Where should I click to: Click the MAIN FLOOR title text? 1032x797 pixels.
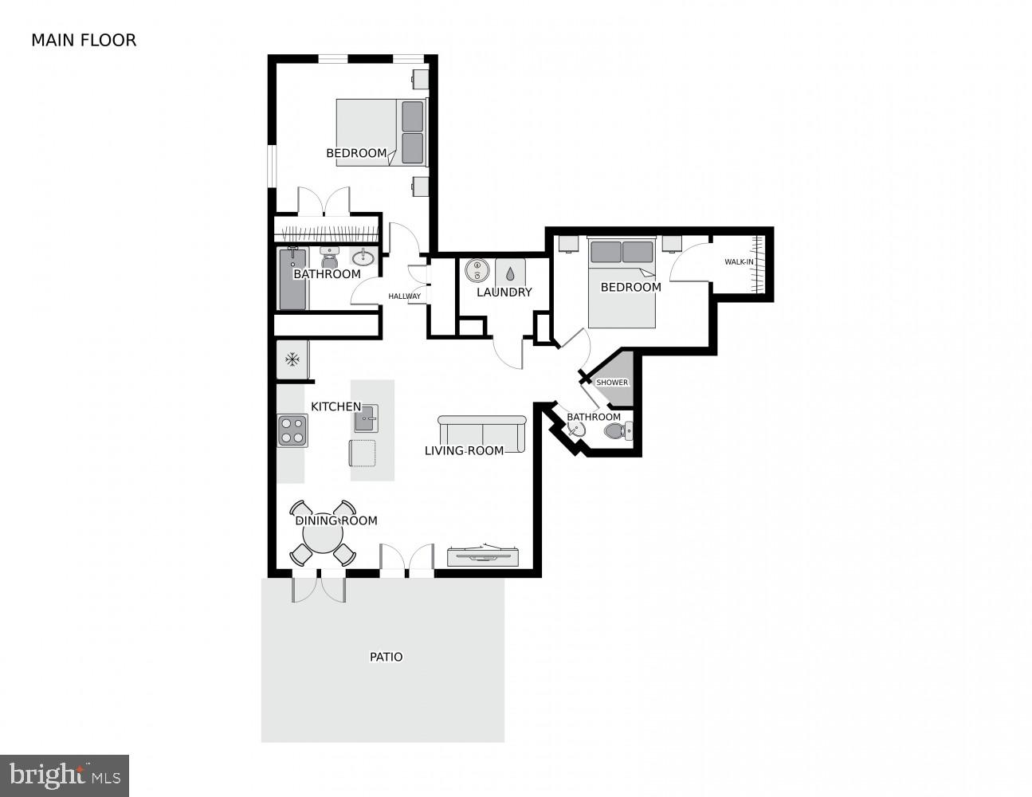pyautogui.click(x=84, y=40)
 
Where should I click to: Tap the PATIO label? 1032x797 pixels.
pyautogui.click(x=386, y=657)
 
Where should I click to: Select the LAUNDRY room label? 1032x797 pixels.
pyautogui.click(x=504, y=292)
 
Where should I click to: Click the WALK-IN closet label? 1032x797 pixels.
pyautogui.click(x=739, y=262)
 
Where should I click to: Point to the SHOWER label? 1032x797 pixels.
pyautogui.click(x=612, y=383)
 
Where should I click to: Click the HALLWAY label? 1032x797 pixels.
pyautogui.click(x=404, y=296)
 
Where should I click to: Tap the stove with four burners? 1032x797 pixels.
pyautogui.click(x=292, y=430)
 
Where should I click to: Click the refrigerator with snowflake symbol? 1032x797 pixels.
pyautogui.click(x=292, y=359)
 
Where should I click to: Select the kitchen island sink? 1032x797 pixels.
pyautogui.click(x=366, y=417)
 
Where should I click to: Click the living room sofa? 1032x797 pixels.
pyautogui.click(x=482, y=432)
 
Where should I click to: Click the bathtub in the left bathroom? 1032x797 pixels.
pyautogui.click(x=292, y=280)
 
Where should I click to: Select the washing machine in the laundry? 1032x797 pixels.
pyautogui.click(x=477, y=270)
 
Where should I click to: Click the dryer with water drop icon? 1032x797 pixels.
pyautogui.click(x=510, y=272)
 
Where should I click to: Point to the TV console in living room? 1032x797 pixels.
pyautogui.click(x=484, y=556)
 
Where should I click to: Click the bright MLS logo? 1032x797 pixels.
pyautogui.click(x=64, y=775)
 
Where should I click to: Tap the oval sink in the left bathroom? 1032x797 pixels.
pyautogui.click(x=363, y=257)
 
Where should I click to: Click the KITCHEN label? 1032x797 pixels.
pyautogui.click(x=335, y=406)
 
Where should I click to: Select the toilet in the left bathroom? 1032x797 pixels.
pyautogui.click(x=330, y=258)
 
